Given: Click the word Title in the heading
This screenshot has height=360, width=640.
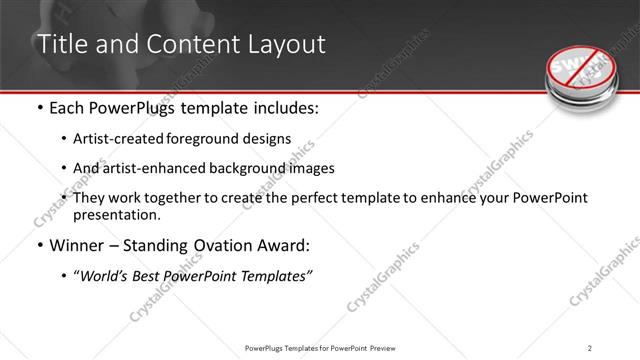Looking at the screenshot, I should click(x=59, y=45).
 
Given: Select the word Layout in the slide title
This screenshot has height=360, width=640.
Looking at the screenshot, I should click(x=279, y=45).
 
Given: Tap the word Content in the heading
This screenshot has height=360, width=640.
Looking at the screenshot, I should click(x=184, y=45).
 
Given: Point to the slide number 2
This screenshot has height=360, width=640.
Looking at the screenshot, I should click(x=590, y=348).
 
